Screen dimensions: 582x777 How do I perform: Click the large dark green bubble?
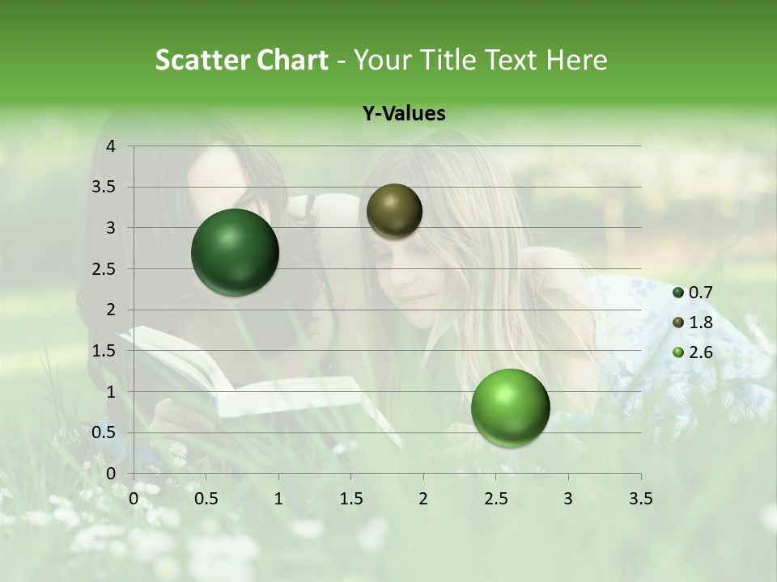point(236,252)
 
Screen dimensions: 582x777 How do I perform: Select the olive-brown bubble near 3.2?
point(394,211)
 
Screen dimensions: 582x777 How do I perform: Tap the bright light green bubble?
point(510,407)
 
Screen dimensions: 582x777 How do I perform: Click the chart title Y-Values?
point(404,114)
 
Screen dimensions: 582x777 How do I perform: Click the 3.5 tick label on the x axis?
point(640,498)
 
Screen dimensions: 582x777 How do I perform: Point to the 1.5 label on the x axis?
point(350,498)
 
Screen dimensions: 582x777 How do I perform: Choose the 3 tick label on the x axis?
point(568,498)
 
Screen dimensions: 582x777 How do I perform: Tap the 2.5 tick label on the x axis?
point(495,498)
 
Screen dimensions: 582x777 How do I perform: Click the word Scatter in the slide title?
point(202,60)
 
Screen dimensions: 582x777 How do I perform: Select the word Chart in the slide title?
point(292,60)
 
